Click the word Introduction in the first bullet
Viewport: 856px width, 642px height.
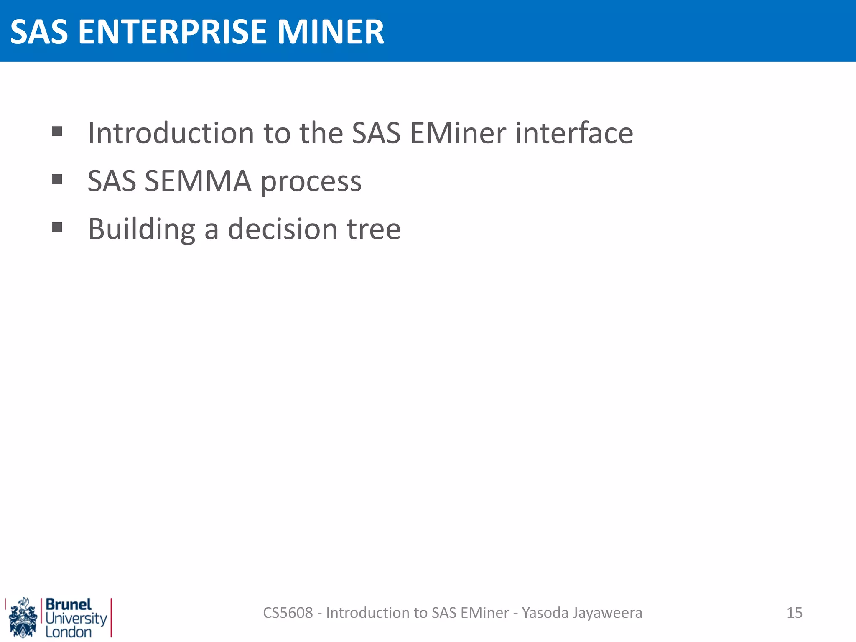point(171,133)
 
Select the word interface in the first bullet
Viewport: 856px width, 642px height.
point(574,133)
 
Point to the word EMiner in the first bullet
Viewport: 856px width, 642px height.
point(458,133)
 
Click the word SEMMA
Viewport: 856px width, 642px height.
point(198,181)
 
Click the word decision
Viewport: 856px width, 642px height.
point(283,229)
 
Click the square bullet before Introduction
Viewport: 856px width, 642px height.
point(57,132)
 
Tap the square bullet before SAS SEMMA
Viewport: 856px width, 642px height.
point(57,179)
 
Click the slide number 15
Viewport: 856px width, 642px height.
point(794,613)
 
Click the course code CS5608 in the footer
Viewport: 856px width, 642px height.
point(288,613)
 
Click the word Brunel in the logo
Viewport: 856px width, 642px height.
point(69,604)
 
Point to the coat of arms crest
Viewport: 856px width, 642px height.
point(23,618)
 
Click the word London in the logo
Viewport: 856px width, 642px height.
point(69,632)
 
